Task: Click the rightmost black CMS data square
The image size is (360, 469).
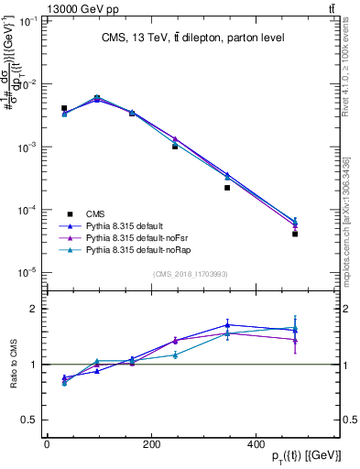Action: [x=295, y=234]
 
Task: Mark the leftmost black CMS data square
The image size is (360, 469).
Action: [x=64, y=108]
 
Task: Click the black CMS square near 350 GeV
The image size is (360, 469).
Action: [x=227, y=188]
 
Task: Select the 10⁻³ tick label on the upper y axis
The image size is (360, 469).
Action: [x=29, y=147]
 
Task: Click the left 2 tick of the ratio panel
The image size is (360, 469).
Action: [x=37, y=309]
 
